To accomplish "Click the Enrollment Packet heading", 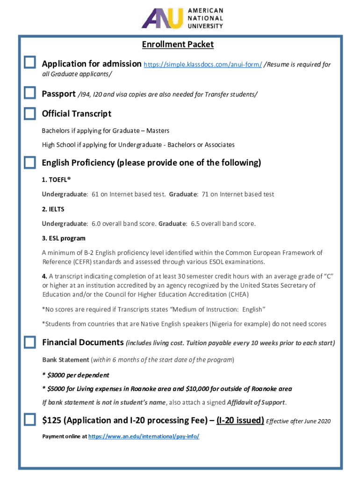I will (x=178, y=44).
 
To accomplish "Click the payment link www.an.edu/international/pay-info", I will (x=144, y=436).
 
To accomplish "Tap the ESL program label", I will (x=64, y=238).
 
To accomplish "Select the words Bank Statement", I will (x=65, y=360).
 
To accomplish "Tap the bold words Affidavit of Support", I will (x=256, y=403).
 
